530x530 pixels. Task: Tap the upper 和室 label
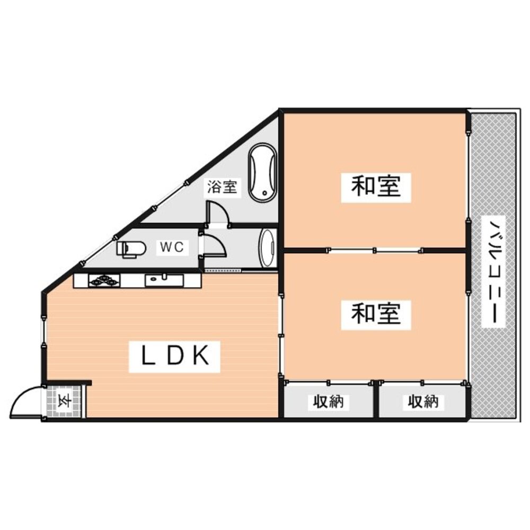pyautogui.click(x=376, y=187)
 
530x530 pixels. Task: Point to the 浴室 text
pyautogui.click(x=222, y=187)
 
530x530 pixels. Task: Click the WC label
pyautogui.click(x=172, y=248)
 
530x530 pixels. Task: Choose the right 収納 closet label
pyautogui.click(x=423, y=402)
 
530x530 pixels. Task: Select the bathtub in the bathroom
pyautogui.click(x=262, y=172)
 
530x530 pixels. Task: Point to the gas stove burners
pyautogui.click(x=104, y=280)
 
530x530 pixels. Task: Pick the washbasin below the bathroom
pyautogui.click(x=267, y=249)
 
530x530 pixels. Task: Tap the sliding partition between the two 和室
pyautogui.click(x=376, y=250)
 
